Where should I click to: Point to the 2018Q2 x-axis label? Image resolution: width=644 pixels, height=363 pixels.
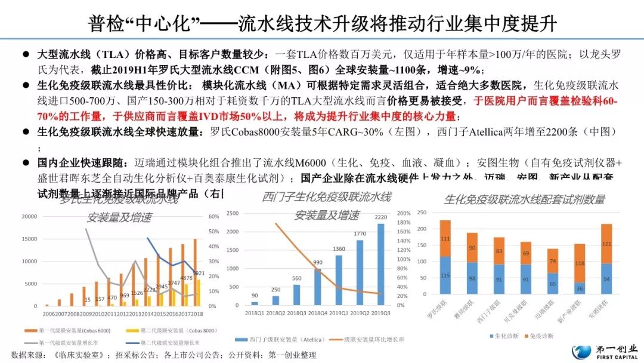[x=276, y=312]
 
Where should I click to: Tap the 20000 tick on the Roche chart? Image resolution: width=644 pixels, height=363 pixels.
[x=29, y=217]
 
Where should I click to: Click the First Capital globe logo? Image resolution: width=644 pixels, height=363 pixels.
[x=581, y=352]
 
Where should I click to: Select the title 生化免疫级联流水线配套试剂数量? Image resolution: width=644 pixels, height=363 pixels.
[x=524, y=199]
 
